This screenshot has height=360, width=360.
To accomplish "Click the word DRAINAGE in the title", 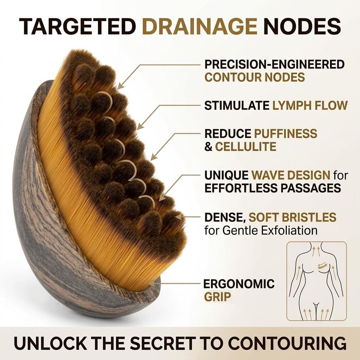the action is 200,26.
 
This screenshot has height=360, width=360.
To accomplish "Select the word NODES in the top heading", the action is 302,26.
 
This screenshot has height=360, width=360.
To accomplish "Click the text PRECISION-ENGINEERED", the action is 275,64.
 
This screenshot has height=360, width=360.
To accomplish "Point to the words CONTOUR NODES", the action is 255,77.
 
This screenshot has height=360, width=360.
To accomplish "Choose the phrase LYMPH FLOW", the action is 310,105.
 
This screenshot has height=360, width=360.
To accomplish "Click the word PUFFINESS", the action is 285,133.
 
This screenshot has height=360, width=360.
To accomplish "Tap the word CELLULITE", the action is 246,147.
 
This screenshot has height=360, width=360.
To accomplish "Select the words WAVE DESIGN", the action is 291,175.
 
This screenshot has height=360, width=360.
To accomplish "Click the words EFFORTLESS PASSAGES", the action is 273,188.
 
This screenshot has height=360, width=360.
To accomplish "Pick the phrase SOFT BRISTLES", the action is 292,217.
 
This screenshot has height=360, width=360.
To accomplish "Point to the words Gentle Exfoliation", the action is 270,230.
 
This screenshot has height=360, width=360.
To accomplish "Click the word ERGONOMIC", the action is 239,284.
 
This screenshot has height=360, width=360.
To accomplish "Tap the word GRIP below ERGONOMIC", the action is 217,297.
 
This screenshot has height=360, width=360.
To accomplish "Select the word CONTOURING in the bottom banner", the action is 288,343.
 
